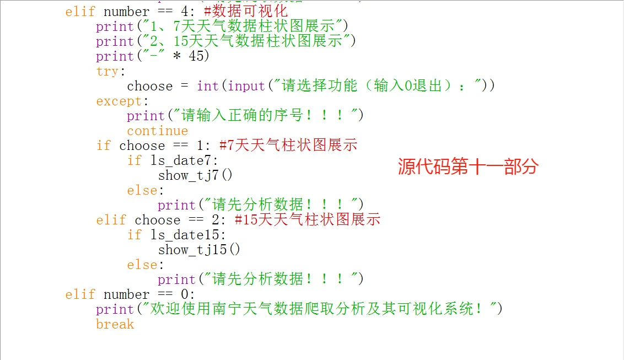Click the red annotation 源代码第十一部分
click(467, 167)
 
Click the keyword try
click(107, 71)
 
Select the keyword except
click(119, 101)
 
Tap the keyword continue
click(157, 131)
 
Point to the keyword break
click(115, 324)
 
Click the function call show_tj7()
click(195, 175)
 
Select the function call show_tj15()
click(199, 250)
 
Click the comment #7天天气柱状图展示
click(288, 146)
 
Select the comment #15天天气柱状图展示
click(307, 220)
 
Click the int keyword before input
click(207, 86)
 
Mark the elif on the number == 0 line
click(80, 294)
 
